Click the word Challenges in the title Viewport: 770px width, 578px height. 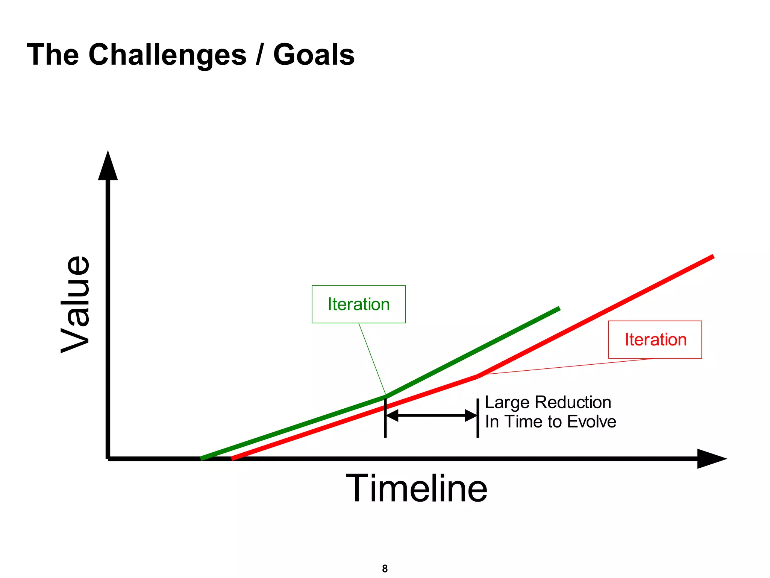(167, 55)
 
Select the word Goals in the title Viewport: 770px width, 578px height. (314, 55)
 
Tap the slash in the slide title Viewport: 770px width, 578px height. (259, 55)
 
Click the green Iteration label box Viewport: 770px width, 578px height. (358, 304)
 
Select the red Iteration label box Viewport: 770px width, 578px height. (655, 339)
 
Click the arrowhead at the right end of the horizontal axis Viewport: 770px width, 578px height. (710, 459)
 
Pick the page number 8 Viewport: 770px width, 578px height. (385, 569)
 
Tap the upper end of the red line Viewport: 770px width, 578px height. (712, 257)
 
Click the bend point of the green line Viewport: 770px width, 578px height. (386, 396)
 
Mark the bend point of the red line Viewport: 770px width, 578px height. (478, 376)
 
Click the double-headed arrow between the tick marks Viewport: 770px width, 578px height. (432, 416)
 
